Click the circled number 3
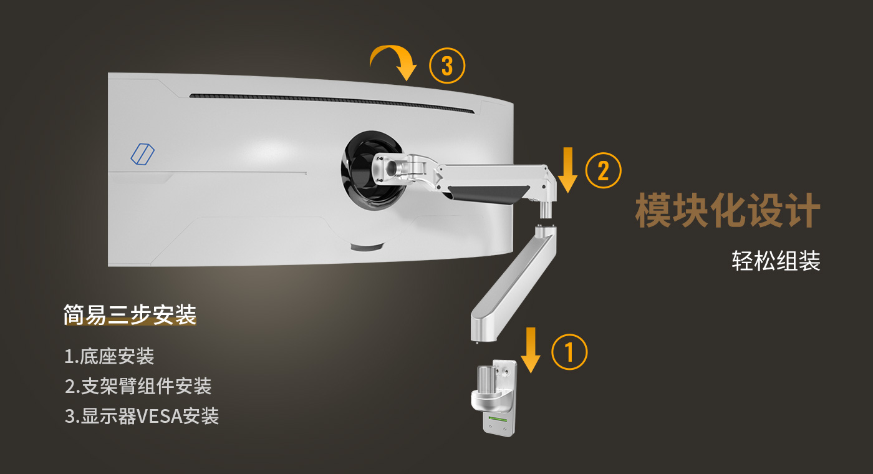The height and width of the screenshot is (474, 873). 447,65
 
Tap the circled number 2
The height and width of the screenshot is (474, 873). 604,171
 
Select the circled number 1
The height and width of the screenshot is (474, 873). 569,352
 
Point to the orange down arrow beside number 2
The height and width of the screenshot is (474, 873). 567,170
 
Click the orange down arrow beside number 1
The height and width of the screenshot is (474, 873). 531,350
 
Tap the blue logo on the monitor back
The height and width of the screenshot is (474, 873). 142,154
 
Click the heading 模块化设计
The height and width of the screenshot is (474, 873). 728,210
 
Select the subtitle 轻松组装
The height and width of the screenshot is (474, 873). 776,261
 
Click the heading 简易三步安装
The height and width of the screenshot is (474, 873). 130,314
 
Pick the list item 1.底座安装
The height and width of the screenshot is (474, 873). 109,356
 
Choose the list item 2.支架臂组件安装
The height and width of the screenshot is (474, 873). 138,386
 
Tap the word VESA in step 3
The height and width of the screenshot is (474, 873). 160,417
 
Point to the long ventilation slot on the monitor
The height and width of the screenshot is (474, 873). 332,102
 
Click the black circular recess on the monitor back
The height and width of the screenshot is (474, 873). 372,170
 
